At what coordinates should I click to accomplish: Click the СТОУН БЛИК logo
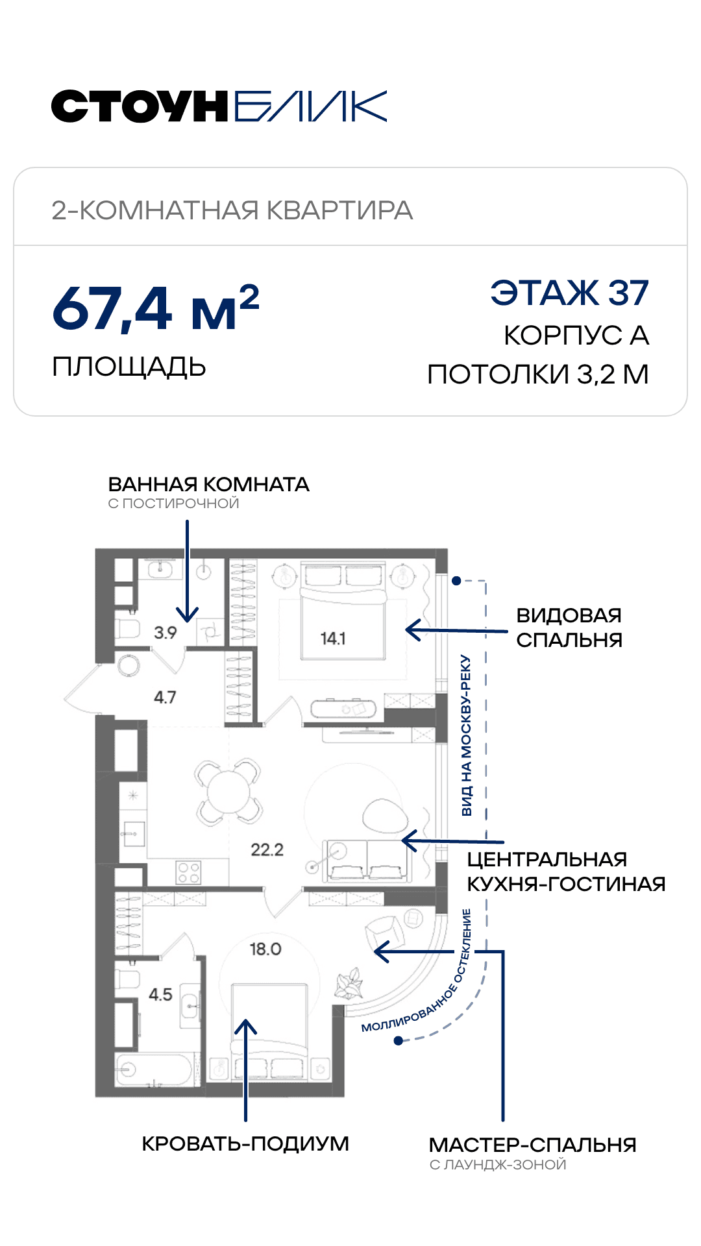click(x=219, y=106)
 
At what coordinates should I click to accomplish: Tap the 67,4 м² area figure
click(x=156, y=308)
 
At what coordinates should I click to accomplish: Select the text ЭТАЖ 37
click(x=570, y=293)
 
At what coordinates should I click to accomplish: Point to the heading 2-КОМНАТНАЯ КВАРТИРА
click(x=232, y=210)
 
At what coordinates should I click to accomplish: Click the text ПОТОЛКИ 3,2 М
click(x=538, y=374)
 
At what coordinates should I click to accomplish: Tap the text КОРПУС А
click(x=576, y=336)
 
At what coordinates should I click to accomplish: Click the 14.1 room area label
click(x=333, y=639)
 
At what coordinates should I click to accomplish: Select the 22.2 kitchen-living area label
click(x=267, y=849)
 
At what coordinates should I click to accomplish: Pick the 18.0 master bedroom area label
click(x=265, y=949)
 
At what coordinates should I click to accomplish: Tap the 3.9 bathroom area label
click(x=165, y=632)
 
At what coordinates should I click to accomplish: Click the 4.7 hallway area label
click(x=165, y=697)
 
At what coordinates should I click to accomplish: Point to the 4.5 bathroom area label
click(x=160, y=994)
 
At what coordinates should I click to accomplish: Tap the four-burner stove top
click(x=189, y=872)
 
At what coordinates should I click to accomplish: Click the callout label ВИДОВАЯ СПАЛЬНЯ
click(x=569, y=628)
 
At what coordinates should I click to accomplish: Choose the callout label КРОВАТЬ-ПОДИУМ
click(x=245, y=1143)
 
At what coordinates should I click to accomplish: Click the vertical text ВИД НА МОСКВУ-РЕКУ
click(x=467, y=735)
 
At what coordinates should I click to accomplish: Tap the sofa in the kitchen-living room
click(x=367, y=860)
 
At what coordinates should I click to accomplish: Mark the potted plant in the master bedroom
click(x=349, y=983)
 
